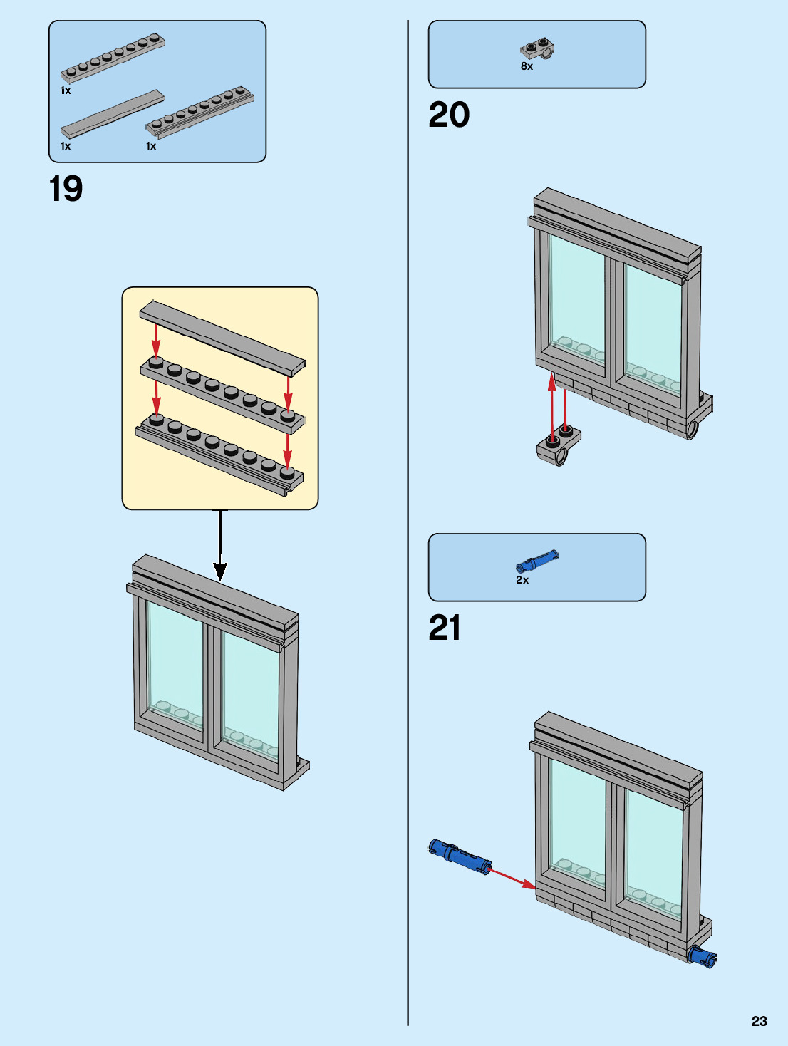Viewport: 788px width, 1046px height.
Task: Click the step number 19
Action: [66, 189]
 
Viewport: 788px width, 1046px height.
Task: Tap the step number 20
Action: [449, 115]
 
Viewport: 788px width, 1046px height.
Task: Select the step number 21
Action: [445, 628]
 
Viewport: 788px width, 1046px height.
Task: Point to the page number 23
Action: [760, 1021]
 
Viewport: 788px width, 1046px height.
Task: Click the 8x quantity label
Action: [527, 66]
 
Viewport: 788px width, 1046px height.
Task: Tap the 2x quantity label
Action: [522, 580]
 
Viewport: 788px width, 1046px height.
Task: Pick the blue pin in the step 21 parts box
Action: [536, 561]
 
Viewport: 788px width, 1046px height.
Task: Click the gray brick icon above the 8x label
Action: [537, 49]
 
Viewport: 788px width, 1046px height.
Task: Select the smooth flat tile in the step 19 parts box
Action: [113, 114]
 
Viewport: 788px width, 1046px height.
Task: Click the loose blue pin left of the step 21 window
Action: [460, 856]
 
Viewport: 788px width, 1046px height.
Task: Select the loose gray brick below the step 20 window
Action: [559, 445]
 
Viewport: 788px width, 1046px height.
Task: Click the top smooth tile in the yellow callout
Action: [222, 338]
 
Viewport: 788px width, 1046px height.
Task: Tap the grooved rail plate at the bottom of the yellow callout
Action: [219, 456]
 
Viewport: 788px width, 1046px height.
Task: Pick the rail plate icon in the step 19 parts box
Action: [200, 112]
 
